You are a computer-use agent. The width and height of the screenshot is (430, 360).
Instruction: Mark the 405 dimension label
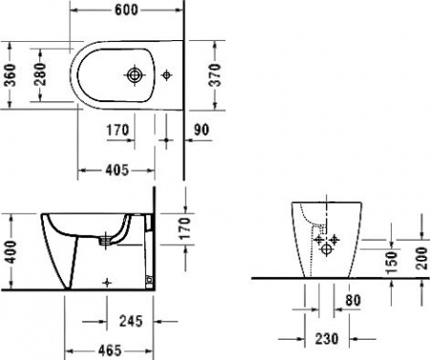click(x=117, y=170)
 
